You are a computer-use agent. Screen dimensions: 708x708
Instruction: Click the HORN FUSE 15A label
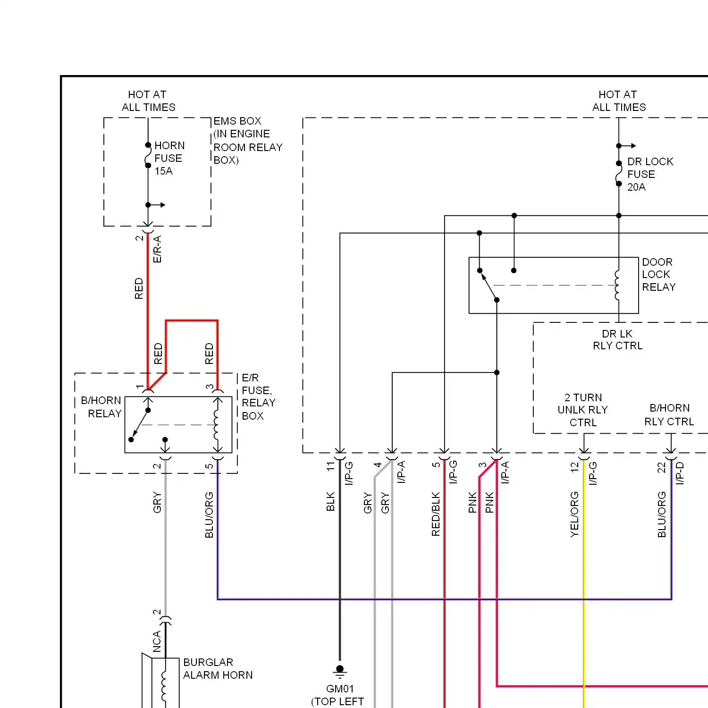[169, 158]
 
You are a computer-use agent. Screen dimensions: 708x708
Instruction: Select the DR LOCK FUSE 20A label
[649, 174]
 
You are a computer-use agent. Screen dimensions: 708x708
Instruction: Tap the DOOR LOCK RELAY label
[658, 274]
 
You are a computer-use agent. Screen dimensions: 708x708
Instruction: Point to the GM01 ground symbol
[340, 670]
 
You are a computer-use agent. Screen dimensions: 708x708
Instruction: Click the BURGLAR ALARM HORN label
[218, 668]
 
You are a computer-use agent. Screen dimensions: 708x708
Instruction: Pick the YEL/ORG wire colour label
[574, 514]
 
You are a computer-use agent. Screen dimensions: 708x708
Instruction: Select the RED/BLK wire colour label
[435, 514]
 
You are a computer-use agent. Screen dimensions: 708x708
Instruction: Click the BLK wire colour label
[330, 501]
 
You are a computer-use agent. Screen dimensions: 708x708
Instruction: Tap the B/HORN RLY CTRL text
[669, 414]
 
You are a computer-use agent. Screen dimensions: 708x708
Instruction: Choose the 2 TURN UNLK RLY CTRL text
[583, 410]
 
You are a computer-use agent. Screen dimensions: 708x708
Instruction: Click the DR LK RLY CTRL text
[617, 340]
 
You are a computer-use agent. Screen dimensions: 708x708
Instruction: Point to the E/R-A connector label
[157, 249]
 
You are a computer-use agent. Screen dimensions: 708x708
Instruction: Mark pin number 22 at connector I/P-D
[661, 467]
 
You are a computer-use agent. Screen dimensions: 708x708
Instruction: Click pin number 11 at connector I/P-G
[330, 466]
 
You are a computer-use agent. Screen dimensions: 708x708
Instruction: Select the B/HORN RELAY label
[101, 407]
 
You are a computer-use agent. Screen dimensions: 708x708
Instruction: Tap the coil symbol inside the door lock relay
[617, 285]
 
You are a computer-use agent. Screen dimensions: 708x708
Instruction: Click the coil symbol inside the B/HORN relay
[217, 424]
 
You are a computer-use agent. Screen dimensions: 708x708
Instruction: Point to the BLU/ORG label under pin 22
[662, 514]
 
